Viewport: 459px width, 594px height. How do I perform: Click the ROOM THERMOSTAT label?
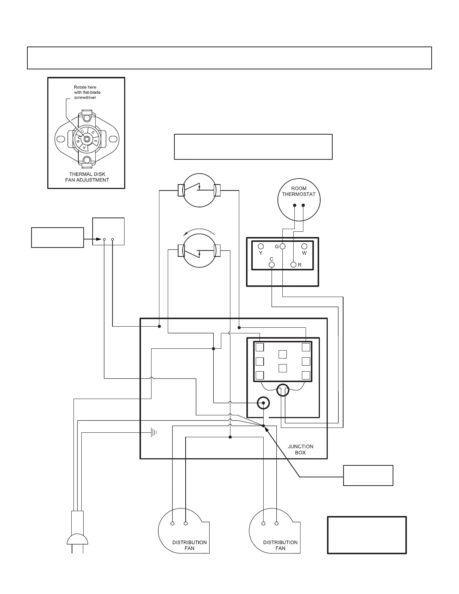pos(298,191)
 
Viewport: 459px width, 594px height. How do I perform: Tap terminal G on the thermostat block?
pos(282,246)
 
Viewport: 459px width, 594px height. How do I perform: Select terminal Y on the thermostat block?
pos(261,246)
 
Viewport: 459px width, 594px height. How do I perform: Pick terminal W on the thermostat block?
pos(304,246)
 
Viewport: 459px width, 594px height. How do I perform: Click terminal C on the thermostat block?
pos(272,264)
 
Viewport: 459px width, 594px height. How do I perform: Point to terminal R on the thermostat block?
pos(294,265)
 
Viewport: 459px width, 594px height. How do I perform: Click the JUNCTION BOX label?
pos(300,449)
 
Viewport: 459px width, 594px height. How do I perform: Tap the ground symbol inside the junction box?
pos(153,433)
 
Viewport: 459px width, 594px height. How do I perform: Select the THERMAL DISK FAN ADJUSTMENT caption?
pos(87,177)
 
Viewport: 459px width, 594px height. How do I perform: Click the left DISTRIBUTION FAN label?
pos(189,545)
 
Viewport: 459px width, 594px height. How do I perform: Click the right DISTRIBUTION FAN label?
pos(280,545)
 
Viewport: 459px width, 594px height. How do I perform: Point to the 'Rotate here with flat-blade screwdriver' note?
pos(87,92)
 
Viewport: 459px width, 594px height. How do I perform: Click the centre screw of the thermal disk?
pos(87,139)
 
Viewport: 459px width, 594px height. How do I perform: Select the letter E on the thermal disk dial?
pos(96,142)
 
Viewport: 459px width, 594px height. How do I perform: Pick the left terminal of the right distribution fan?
pos(263,523)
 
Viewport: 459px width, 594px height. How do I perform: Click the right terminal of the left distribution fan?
pos(186,523)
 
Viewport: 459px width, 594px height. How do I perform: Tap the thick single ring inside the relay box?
pos(263,403)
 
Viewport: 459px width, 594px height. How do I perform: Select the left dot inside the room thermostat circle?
pos(294,205)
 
